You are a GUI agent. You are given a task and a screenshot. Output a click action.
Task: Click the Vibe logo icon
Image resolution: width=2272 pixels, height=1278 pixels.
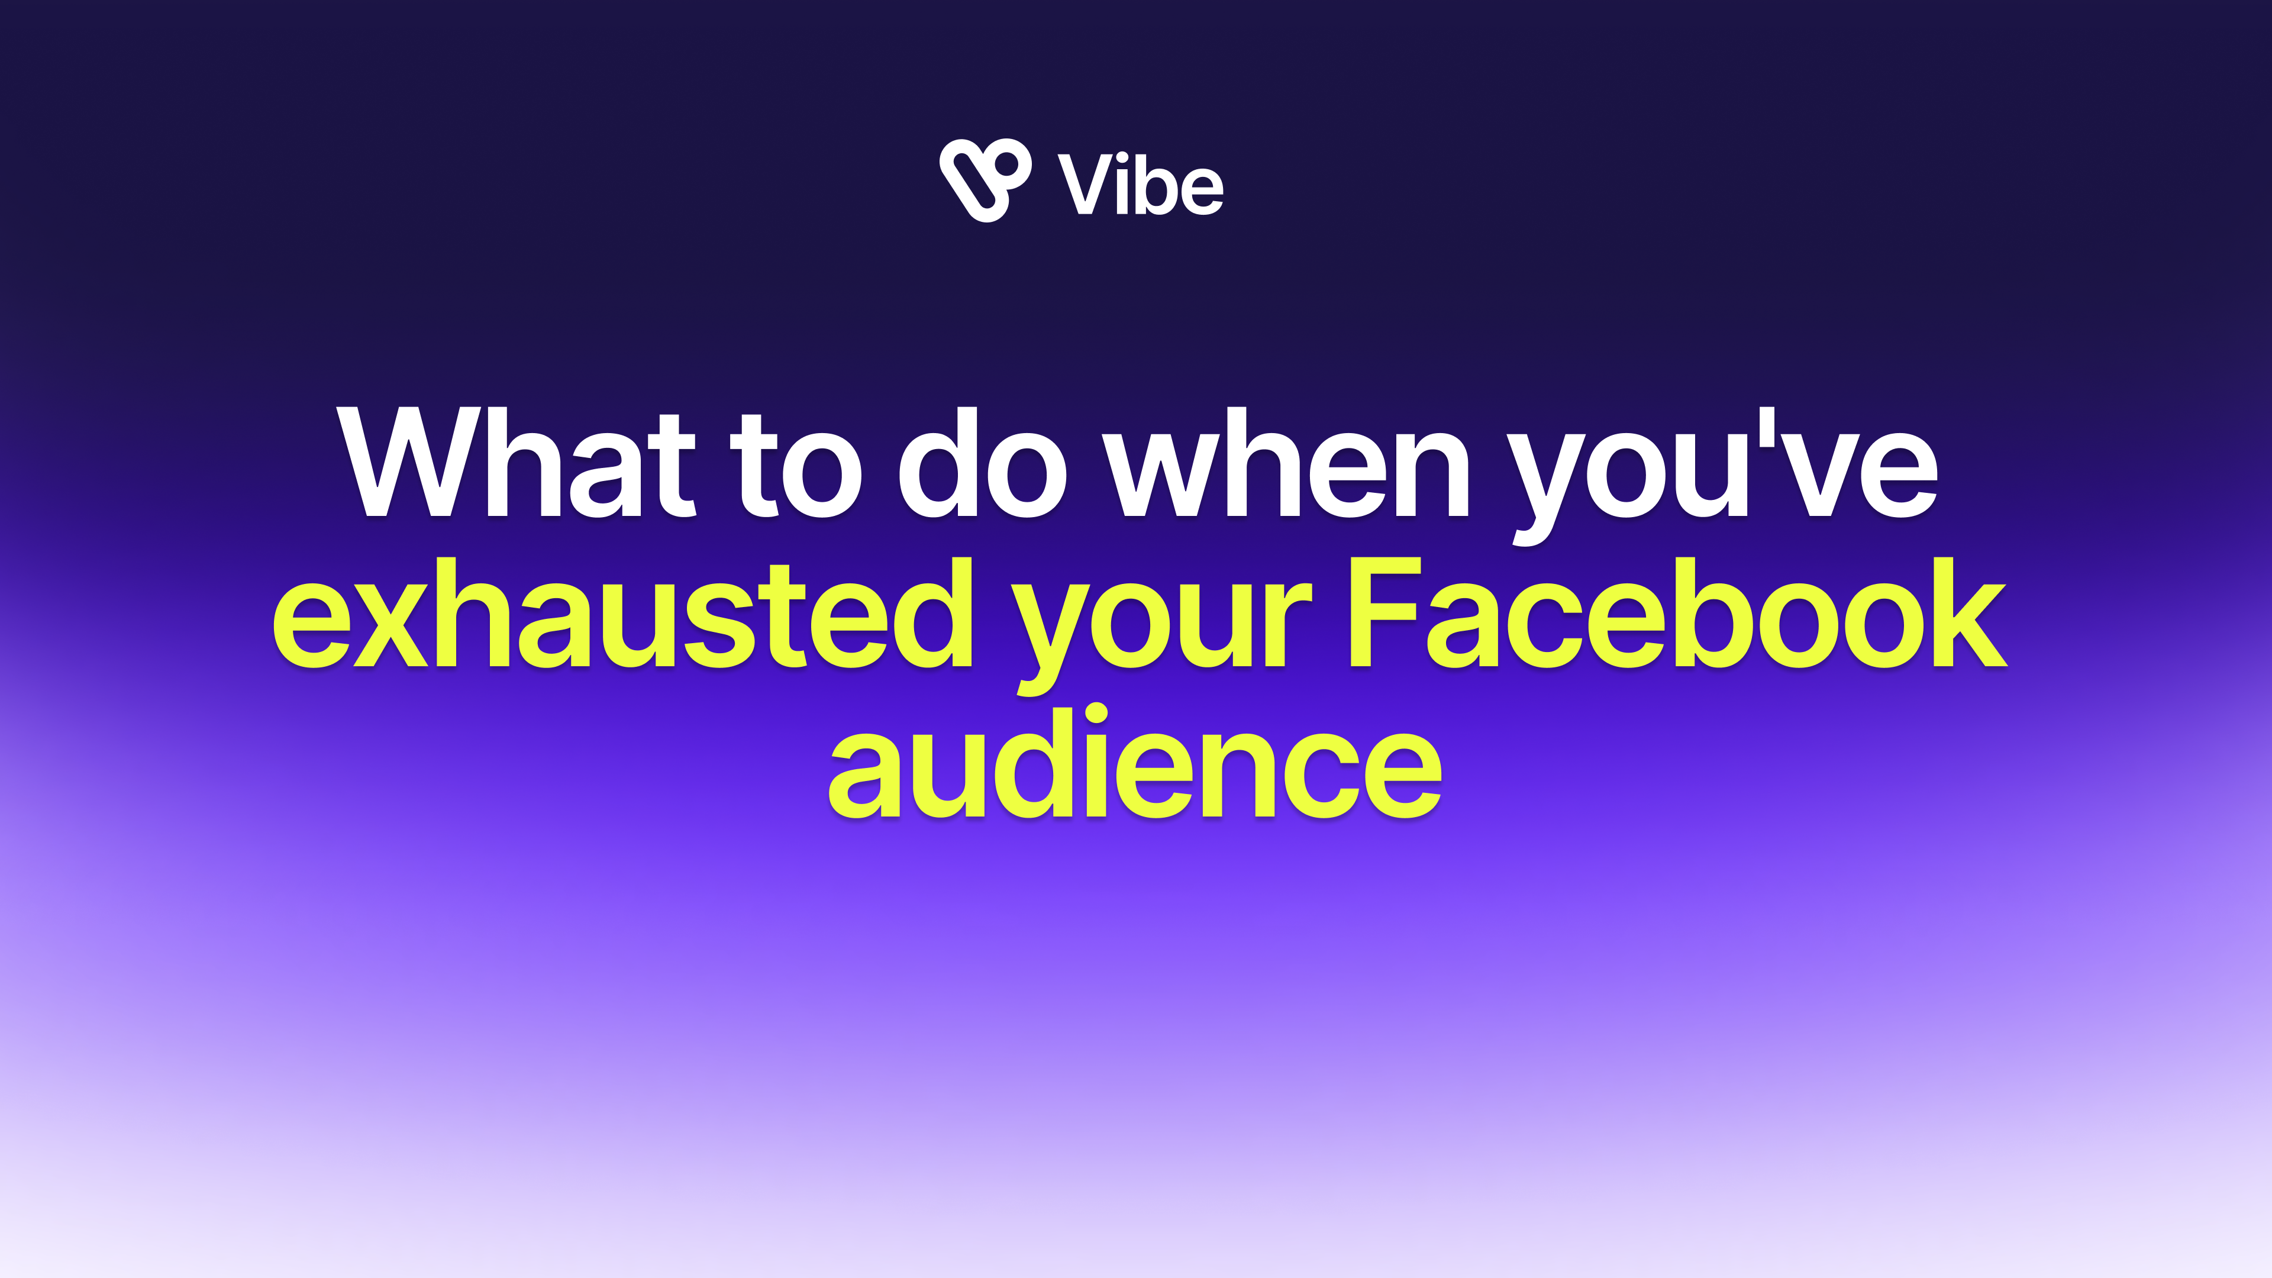[985, 180]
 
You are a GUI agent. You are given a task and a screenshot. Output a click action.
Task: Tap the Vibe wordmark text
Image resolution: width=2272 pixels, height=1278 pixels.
[1140, 183]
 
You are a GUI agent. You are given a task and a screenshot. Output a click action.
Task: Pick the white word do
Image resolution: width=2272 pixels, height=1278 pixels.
[983, 461]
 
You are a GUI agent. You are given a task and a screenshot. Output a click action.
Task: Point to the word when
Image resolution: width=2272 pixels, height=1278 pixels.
[1286, 461]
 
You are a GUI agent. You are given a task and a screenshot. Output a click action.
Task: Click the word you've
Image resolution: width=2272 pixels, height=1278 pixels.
[1722, 476]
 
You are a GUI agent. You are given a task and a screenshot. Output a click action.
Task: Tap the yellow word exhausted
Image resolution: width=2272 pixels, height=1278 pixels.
[622, 612]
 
